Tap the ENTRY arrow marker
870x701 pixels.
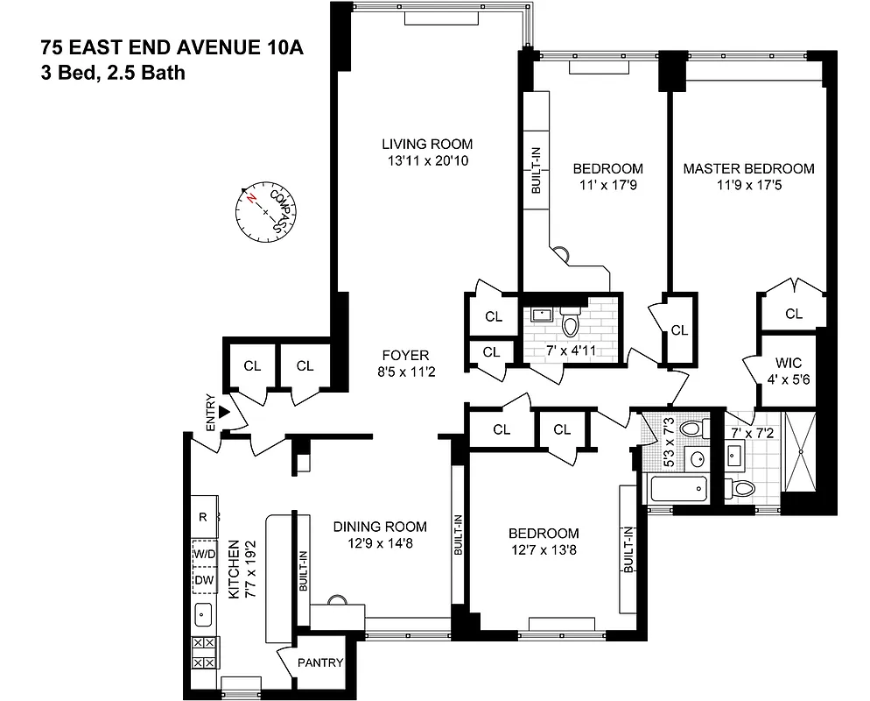(x=224, y=411)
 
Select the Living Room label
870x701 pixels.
(x=427, y=144)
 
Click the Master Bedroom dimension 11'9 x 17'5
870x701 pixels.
(x=748, y=185)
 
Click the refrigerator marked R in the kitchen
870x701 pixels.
(x=202, y=517)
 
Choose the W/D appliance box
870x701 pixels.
(x=204, y=554)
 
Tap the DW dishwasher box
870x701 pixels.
(x=204, y=580)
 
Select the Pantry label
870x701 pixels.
(x=320, y=663)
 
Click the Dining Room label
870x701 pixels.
(x=380, y=527)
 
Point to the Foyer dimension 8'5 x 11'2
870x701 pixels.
(x=404, y=372)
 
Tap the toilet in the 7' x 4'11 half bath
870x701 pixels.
(x=571, y=325)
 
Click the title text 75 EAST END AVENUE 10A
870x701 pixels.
(x=172, y=47)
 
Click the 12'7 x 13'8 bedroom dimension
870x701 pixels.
(x=544, y=550)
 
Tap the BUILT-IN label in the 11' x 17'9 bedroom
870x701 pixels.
(x=536, y=169)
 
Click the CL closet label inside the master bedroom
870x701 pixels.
(x=793, y=314)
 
